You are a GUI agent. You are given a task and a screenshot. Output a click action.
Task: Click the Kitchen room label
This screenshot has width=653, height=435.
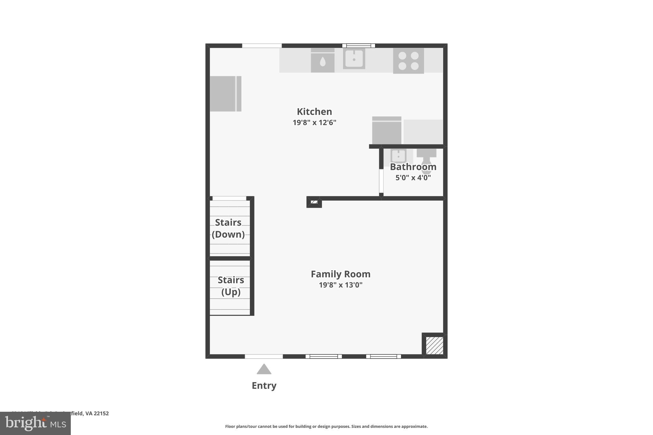pyautogui.click(x=314, y=112)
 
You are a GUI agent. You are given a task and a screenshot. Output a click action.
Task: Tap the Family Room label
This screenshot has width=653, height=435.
pyautogui.click(x=341, y=274)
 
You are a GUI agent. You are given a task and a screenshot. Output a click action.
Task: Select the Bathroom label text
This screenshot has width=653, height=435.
pyautogui.click(x=413, y=167)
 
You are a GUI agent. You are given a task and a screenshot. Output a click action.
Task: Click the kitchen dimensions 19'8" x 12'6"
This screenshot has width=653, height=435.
pyautogui.click(x=314, y=122)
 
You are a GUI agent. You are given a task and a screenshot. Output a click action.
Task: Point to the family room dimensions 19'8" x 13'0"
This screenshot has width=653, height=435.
pyautogui.click(x=341, y=285)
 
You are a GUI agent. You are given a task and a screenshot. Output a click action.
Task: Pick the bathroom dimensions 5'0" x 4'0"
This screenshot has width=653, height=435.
pyautogui.click(x=413, y=178)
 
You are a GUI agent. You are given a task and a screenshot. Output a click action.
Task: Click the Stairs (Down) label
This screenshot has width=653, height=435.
pyautogui.click(x=228, y=228)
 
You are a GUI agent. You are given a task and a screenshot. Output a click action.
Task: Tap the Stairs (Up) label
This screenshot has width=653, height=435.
pyautogui.click(x=231, y=286)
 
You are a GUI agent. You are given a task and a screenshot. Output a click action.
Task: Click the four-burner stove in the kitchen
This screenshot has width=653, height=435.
pyautogui.click(x=408, y=61)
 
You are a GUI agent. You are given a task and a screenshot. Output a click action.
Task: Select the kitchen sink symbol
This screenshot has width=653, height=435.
pyautogui.click(x=354, y=59)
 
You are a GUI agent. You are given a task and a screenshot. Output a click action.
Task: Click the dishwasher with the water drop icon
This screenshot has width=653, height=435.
pyautogui.click(x=323, y=61)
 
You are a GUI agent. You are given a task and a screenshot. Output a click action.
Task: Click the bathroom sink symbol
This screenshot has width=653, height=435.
pyautogui.click(x=398, y=156)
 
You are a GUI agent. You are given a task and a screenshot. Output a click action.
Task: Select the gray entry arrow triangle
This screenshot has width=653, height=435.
pyautogui.click(x=264, y=369)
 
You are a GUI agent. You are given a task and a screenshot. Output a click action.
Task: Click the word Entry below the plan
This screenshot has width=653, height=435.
pyautogui.click(x=264, y=386)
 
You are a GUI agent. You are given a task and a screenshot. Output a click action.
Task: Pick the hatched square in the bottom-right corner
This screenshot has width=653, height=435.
pyautogui.click(x=434, y=345)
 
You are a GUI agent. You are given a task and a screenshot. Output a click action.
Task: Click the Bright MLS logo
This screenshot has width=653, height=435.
pyautogui.click(x=35, y=424)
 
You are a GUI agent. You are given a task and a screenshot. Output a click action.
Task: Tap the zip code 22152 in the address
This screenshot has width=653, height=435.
pyautogui.click(x=101, y=413)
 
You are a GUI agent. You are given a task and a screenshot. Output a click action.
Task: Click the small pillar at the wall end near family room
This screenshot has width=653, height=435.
pyautogui.click(x=314, y=202)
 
